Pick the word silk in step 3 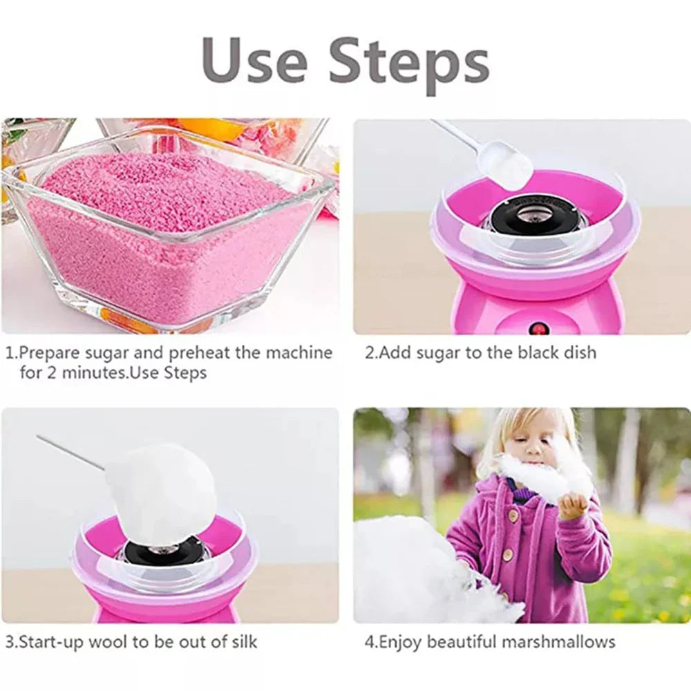coord(242,641)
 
